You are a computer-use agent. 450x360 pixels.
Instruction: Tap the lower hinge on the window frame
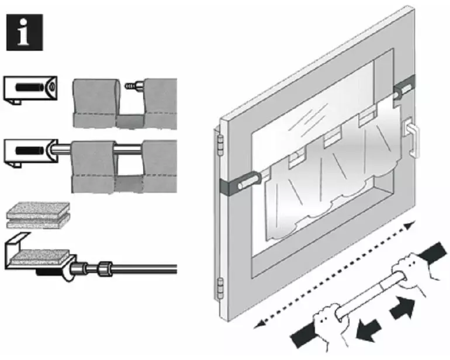point(221,287)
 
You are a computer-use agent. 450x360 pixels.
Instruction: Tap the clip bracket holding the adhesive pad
point(35,255)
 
